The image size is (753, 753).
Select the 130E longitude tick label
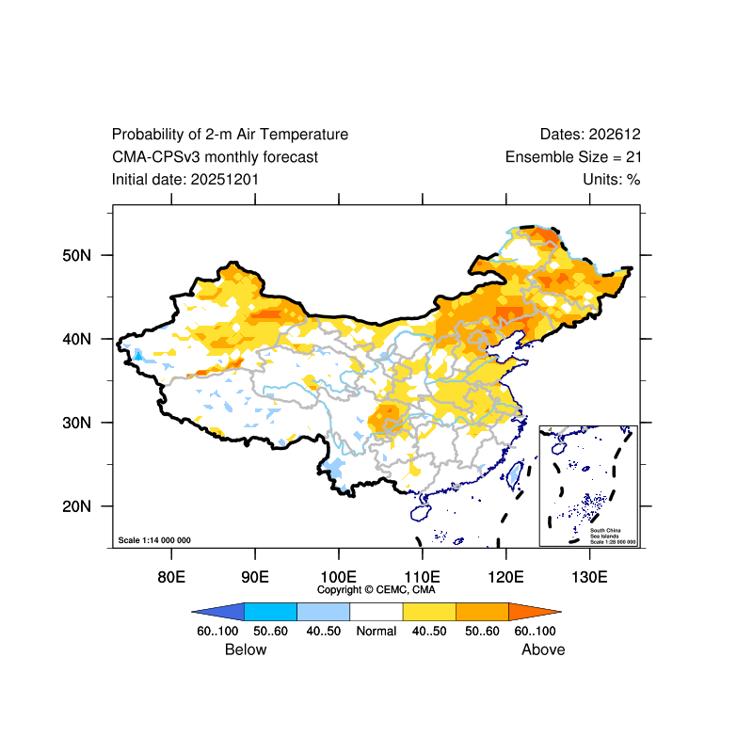click(589, 576)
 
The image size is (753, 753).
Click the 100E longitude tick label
click(338, 576)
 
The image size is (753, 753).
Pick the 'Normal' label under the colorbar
click(376, 631)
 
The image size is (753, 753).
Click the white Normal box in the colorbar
click(376, 611)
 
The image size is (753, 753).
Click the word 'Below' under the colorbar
click(246, 649)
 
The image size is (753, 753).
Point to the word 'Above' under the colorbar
click(543, 649)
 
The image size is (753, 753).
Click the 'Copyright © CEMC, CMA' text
click(376, 589)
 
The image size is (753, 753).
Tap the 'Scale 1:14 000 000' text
click(154, 540)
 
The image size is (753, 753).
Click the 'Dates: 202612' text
click(590, 135)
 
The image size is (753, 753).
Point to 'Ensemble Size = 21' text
click(573, 157)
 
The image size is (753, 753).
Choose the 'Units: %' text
click(611, 179)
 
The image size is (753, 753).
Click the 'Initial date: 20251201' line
click(185, 179)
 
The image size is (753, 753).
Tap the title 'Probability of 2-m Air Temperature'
click(230, 135)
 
